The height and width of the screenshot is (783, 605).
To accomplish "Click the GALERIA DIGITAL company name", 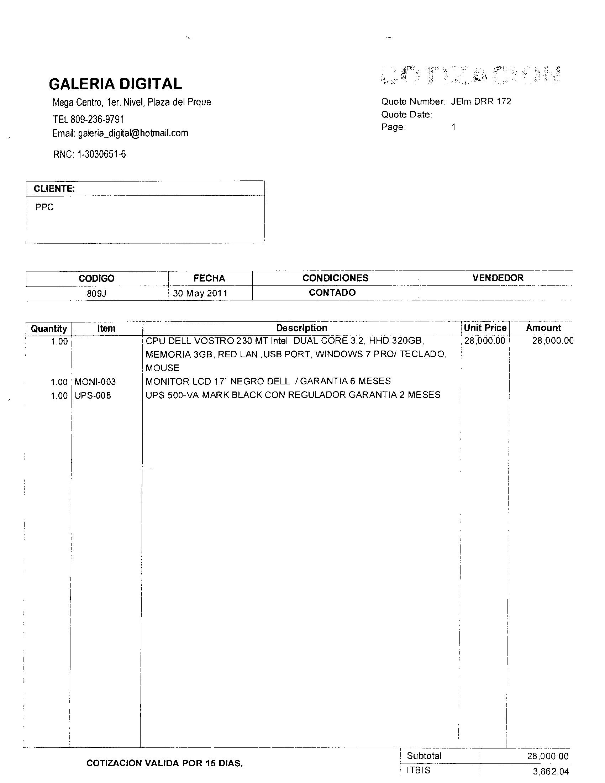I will coord(115,84).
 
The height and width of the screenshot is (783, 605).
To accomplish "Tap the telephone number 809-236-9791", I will coord(97,119).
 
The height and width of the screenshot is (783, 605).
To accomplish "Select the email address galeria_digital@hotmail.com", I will coord(133,133).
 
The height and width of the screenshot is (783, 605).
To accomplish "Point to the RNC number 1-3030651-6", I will coord(101,154).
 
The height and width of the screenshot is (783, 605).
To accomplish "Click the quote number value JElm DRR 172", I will coord(481,101).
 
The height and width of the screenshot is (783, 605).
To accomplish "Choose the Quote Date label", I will coord(406,115).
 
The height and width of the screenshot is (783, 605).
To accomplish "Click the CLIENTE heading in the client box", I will coord(54,189).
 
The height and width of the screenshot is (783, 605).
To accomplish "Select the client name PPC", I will coord(44,207).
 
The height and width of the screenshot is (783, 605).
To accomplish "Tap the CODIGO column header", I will coord(96,279).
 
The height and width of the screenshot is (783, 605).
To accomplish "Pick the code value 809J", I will coord(96,294).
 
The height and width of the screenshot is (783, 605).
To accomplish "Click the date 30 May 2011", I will coord(200,293).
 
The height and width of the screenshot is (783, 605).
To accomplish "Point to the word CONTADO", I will coord(332,293).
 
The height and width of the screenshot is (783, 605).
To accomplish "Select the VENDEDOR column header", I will coord(498,278).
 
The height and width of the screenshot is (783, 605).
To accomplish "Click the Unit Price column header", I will coord(485,328).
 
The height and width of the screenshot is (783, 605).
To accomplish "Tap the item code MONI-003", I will coord(95,382).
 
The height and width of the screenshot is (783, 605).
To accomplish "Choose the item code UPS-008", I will coord(93,396).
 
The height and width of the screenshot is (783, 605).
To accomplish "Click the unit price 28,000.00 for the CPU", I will coord(485,341).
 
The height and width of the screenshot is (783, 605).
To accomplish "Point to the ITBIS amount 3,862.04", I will coord(551,772).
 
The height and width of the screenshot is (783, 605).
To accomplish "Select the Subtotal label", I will coord(424,756).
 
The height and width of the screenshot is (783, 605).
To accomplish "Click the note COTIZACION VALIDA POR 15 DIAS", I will coord(164,763).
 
